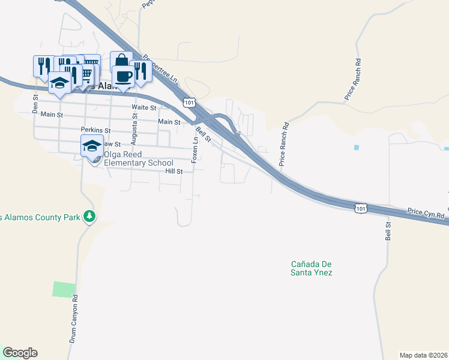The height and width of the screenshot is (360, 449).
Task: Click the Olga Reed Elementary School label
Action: coord(139,158)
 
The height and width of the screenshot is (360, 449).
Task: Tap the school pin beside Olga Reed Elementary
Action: coord(92,146)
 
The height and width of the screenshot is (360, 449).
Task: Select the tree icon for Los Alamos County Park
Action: coord(89,215)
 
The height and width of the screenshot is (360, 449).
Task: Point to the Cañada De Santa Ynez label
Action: coord(312,268)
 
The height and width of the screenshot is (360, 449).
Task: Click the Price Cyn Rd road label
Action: coord(426,213)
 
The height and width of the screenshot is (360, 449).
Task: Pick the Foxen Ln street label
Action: coord(194,149)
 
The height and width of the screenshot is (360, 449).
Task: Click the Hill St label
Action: coord(173,171)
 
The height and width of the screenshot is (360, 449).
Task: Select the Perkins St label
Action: coord(96,130)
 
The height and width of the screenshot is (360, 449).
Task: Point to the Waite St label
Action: coord(144,108)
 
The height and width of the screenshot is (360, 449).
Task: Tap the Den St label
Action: coord(35,103)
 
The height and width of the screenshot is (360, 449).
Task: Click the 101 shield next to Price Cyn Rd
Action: coord(360,208)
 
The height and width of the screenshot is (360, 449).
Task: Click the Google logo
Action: coord(19,353)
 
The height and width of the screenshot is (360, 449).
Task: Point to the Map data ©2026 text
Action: coord(423,355)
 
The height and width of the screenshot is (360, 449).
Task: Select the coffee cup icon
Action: coord(124,77)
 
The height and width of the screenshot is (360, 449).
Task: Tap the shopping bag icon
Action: coord(121,61)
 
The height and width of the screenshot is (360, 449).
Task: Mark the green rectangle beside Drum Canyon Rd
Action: coord(64,289)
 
